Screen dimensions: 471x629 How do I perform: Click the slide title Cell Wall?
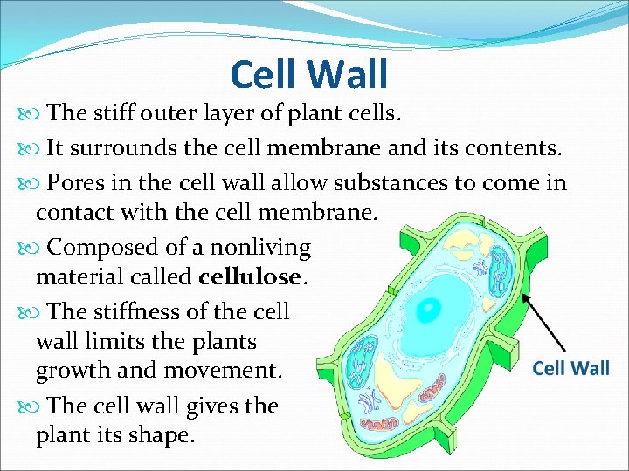tap(308, 74)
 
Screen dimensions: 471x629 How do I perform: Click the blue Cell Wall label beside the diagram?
tap(570, 367)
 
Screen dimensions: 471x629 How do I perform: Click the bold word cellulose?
tap(253, 278)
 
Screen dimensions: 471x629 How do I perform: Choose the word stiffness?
tap(140, 311)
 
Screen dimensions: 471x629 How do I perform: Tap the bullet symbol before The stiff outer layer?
tap(24, 113)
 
